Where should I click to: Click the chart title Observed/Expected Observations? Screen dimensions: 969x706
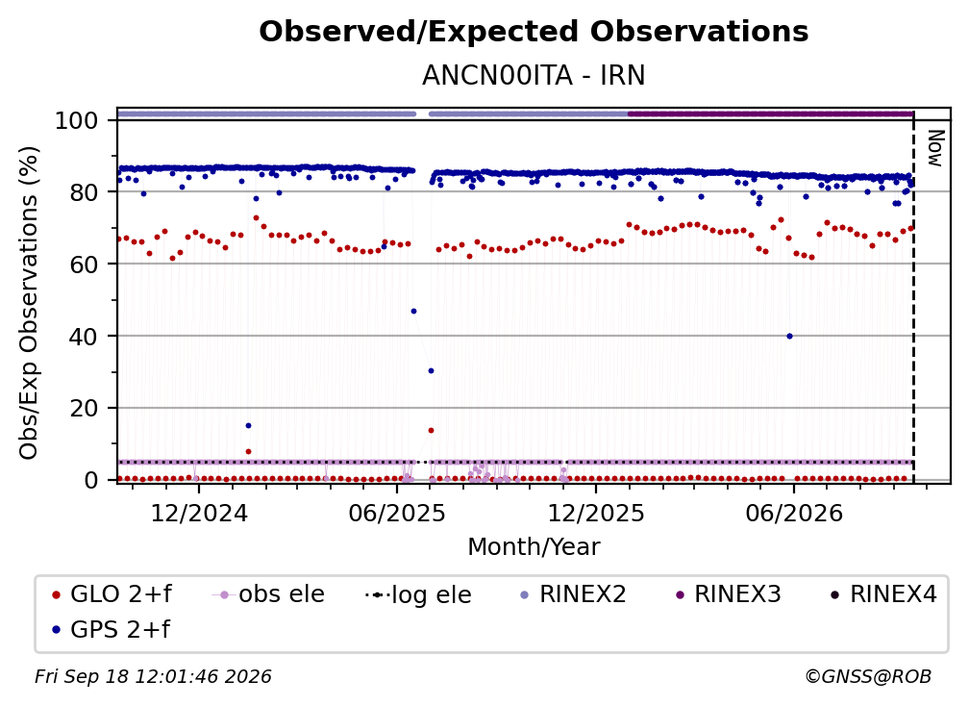pos(534,32)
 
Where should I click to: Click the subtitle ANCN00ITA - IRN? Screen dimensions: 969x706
pos(534,76)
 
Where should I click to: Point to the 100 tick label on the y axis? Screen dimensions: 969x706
pos(77,120)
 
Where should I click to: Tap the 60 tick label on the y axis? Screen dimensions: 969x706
pos(84,265)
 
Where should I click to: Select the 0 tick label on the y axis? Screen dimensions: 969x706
pos(91,480)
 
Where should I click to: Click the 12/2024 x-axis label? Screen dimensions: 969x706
pos(199,514)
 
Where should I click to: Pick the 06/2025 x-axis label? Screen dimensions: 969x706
pos(397,514)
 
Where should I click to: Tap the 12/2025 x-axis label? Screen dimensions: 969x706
pos(596,514)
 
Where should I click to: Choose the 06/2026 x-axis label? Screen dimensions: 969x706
pos(794,514)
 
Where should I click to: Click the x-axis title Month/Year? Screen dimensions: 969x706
pos(534,547)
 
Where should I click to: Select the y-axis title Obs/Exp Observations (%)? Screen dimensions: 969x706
pos(29,303)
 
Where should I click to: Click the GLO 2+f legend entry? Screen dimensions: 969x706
pos(112,594)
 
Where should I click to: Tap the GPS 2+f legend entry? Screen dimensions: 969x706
pos(112,630)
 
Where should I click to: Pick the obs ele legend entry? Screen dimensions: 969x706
pos(268,594)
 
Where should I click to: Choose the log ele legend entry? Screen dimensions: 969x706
pos(418,595)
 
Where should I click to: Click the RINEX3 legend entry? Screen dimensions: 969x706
pos(729,594)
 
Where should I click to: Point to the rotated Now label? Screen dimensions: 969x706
pos(935,148)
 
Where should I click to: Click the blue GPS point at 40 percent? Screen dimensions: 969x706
pos(789,337)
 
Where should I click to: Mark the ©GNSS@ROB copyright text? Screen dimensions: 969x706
pos(868,677)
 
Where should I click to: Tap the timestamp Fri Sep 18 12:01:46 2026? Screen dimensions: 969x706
pos(153,677)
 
